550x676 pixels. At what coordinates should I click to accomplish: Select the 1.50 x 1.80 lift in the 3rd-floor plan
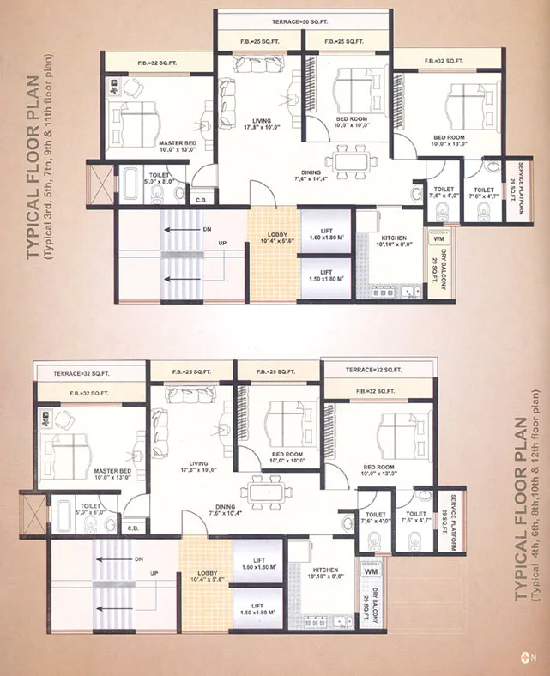(326, 276)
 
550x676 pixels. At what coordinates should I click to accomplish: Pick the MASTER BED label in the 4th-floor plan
(112, 474)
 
